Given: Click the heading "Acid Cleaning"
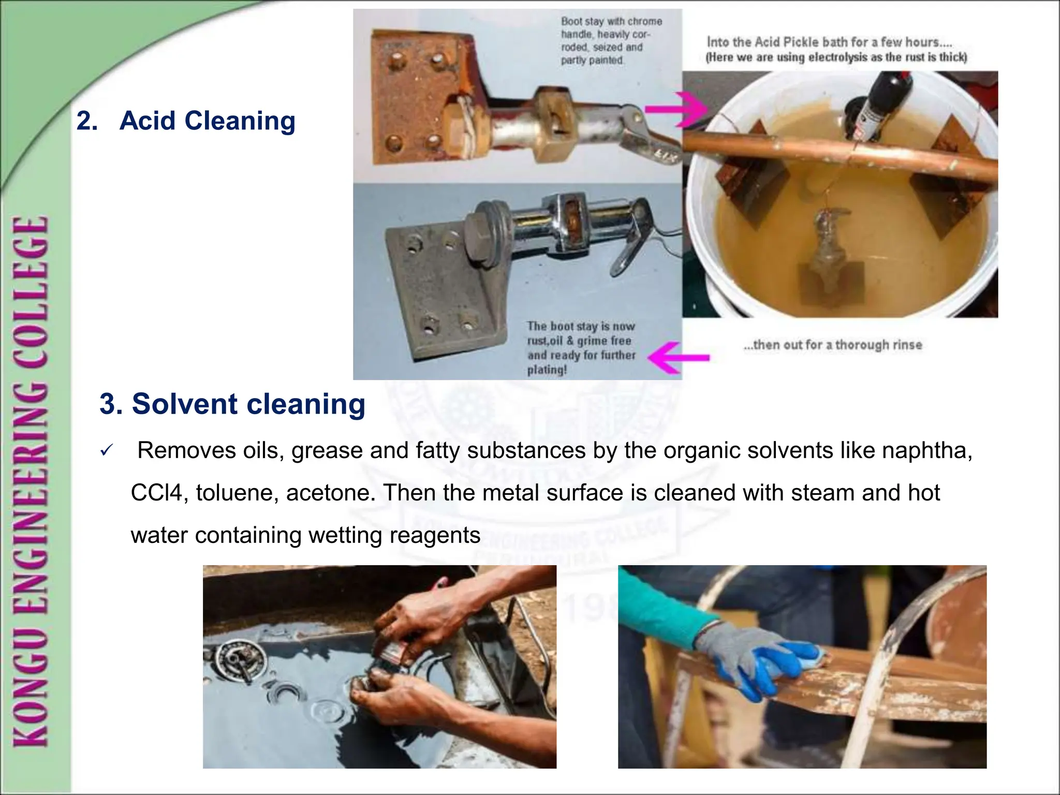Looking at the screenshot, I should [207, 121].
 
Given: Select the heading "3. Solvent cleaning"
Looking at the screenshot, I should [232, 404].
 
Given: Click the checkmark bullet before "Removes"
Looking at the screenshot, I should [106, 451].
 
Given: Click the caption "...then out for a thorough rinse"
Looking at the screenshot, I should [833, 345].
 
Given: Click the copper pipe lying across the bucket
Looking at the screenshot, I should [838, 150].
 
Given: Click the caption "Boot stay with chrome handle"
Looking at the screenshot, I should [611, 22].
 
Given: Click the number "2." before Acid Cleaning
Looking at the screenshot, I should [87, 121].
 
